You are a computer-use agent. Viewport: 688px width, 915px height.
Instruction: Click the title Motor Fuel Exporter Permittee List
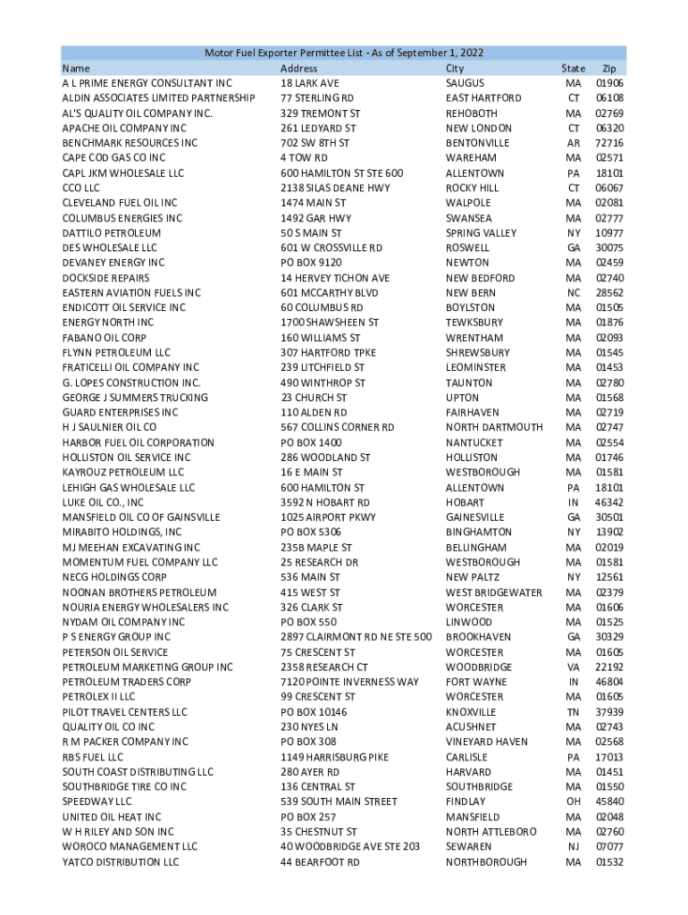344,54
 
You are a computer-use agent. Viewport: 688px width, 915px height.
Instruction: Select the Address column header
298,68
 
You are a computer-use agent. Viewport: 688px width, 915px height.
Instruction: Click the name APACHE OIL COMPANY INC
124,128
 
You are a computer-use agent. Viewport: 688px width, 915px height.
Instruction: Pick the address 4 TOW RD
304,157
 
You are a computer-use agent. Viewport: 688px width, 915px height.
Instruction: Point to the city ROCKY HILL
473,188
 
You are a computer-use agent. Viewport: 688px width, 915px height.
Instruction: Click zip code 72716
608,143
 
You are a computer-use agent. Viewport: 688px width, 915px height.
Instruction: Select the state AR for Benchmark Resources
573,143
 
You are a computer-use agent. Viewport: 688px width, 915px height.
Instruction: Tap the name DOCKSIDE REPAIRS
105,278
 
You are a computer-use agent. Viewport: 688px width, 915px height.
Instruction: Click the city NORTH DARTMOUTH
494,427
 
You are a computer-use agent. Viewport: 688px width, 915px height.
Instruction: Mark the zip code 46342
608,502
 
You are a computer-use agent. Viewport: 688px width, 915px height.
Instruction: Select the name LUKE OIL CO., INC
103,502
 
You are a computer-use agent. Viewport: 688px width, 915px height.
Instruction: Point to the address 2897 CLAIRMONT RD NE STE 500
357,637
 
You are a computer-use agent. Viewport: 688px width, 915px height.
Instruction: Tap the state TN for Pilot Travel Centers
573,712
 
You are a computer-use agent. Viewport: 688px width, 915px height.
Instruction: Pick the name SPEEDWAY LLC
96,802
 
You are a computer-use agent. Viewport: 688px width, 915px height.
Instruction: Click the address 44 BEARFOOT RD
320,861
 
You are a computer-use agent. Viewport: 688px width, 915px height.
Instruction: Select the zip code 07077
608,846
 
